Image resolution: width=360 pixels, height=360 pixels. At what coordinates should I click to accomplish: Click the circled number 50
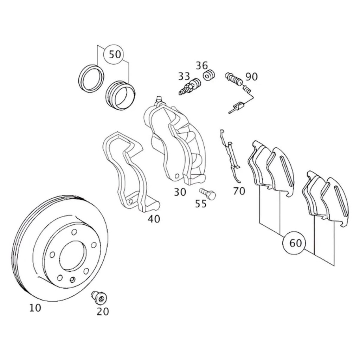point(115,54)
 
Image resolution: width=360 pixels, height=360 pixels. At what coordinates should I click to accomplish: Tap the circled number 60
point(296,243)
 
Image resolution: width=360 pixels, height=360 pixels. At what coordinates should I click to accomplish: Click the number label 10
point(35,308)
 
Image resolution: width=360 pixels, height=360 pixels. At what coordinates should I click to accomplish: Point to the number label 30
point(180,192)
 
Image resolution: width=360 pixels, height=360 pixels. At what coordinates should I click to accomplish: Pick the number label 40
point(154,219)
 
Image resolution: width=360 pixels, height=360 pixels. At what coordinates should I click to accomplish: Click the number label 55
point(201,204)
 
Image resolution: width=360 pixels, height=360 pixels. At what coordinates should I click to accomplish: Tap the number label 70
point(239,191)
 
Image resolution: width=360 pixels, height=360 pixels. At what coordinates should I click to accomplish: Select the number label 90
point(251,77)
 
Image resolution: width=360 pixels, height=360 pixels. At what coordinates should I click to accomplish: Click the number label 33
point(184,76)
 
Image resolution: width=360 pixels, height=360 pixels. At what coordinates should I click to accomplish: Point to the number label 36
point(202,65)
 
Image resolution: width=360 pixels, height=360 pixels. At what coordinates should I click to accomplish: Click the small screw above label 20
point(99,297)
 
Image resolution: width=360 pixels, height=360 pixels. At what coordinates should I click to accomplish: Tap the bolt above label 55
point(208,193)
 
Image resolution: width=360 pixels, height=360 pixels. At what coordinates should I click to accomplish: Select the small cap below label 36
point(209,75)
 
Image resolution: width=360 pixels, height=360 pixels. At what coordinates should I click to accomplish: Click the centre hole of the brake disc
point(73,256)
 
